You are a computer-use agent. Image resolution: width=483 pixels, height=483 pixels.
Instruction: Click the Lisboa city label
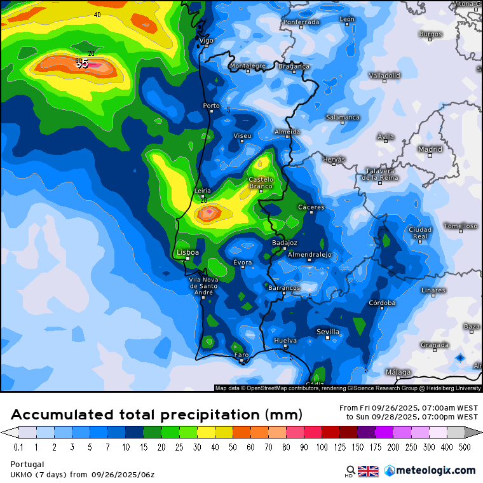(187, 252)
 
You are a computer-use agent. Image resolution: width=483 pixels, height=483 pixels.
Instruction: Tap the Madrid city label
(430, 149)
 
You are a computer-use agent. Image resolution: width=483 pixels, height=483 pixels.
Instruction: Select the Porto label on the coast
(211, 105)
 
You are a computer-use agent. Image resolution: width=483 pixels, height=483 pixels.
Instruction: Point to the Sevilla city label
(328, 332)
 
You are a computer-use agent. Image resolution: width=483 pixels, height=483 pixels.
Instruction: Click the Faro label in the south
(241, 355)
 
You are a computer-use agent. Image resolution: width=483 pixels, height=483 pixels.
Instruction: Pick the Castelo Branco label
(261, 183)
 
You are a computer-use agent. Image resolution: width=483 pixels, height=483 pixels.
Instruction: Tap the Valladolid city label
(384, 75)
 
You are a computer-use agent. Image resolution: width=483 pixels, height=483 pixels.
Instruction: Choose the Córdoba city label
(383, 303)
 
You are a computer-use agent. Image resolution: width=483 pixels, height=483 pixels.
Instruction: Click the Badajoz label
(284, 242)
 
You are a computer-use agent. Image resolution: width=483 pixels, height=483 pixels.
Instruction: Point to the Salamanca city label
(343, 117)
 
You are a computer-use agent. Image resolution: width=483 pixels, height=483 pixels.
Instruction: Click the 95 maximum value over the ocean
(82, 64)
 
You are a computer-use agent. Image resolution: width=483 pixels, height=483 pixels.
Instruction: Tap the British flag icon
(368, 471)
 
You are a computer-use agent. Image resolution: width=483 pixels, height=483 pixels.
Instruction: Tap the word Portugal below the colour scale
(27, 464)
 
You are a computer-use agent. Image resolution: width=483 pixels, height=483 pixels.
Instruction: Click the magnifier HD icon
(349, 472)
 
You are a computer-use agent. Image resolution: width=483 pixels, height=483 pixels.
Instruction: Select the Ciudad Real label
(420, 233)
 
